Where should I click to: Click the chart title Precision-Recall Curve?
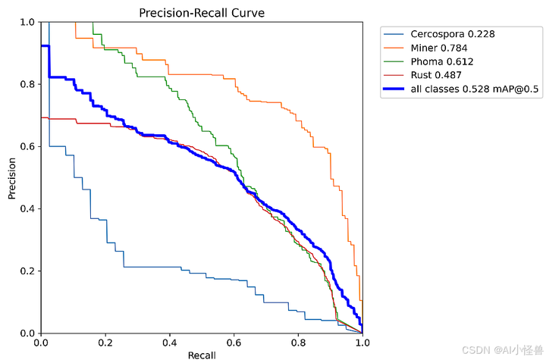[x=202, y=12]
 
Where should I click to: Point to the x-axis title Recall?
[x=202, y=354]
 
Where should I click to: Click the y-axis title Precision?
[x=13, y=178]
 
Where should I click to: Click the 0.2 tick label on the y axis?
[x=27, y=271]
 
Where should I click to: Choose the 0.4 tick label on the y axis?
[x=27, y=209]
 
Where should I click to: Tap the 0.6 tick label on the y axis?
[x=27, y=146]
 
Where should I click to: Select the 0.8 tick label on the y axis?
[x=27, y=84]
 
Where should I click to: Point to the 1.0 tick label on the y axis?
[x=27, y=22]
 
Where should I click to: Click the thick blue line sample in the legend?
[x=394, y=89]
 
